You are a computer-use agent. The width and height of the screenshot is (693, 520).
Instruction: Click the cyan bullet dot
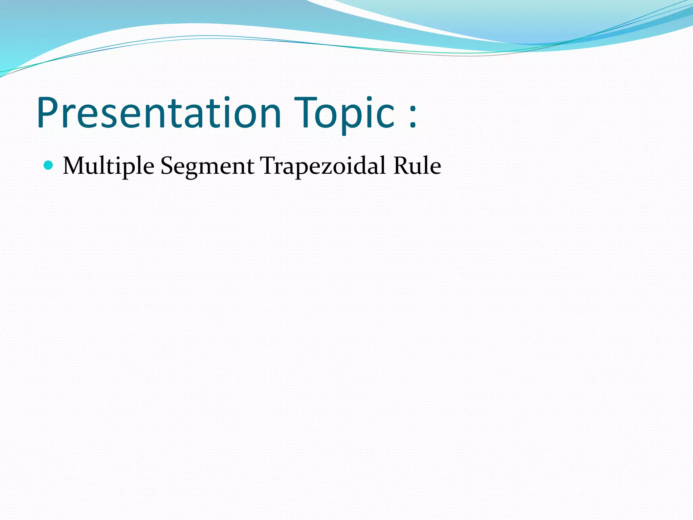pos(49,165)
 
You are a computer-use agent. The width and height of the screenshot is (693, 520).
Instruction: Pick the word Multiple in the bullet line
pos(108,166)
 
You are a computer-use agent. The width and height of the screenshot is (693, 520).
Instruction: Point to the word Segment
pos(207,166)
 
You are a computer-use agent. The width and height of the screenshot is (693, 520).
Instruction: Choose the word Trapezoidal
pos(323,166)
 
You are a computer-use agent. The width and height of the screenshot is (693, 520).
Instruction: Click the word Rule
pos(417,166)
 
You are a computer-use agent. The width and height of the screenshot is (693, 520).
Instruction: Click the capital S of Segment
pos(167,166)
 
